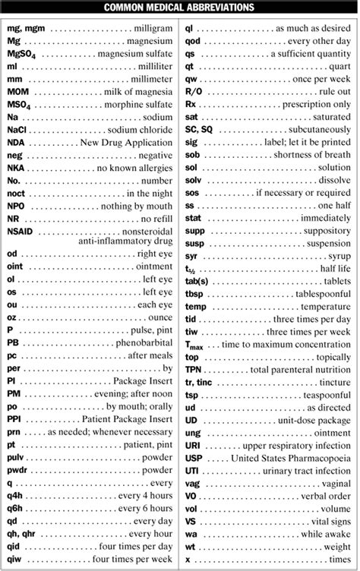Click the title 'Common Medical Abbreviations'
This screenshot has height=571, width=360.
point(180,8)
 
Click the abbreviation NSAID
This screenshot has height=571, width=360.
point(21,230)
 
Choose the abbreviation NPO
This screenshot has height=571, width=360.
point(16,205)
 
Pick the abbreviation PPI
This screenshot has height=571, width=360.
point(14,418)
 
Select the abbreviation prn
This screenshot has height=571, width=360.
point(14,431)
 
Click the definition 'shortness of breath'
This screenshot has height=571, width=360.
point(311,154)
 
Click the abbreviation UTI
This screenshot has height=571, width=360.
point(192,471)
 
